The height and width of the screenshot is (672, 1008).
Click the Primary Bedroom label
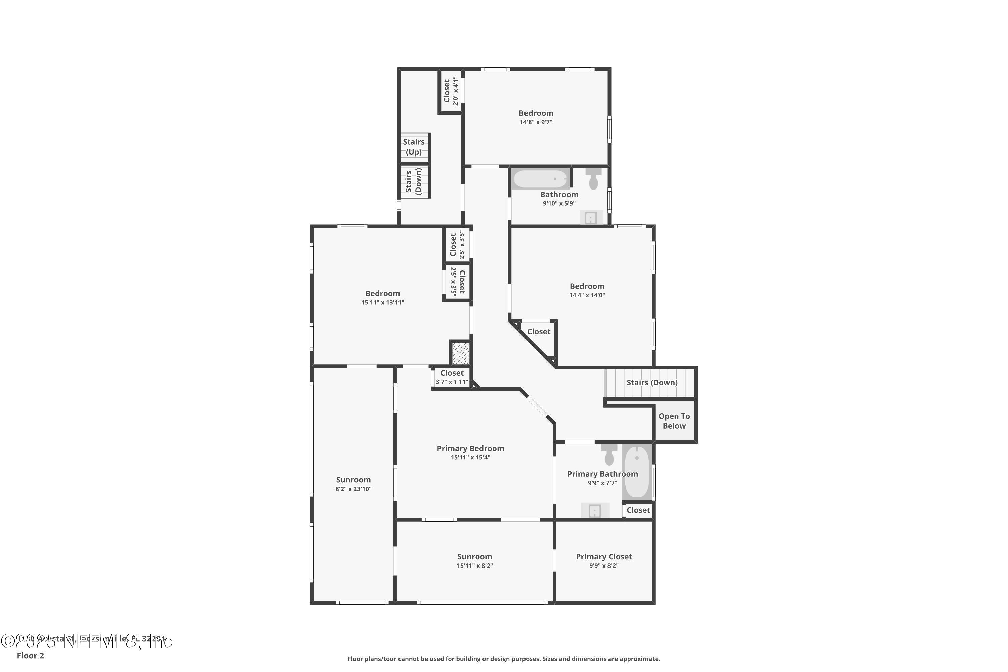pyautogui.click(x=470, y=448)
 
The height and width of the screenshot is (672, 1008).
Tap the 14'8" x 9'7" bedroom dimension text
pyautogui.click(x=536, y=122)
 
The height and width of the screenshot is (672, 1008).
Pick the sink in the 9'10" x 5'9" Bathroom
pyautogui.click(x=591, y=218)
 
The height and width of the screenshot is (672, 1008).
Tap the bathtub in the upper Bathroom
pyautogui.click(x=540, y=179)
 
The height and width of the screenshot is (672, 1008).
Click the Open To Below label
pyautogui.click(x=674, y=421)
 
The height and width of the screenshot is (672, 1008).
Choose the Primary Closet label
pyautogui.click(x=603, y=557)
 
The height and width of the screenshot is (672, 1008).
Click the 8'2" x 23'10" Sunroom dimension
pyautogui.click(x=353, y=489)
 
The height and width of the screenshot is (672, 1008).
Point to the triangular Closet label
pyautogui.click(x=538, y=332)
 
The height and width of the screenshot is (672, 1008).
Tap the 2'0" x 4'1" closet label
pyautogui.click(x=451, y=91)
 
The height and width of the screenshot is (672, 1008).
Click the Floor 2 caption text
pyautogui.click(x=31, y=655)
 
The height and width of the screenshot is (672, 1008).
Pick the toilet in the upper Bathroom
pyautogui.click(x=594, y=179)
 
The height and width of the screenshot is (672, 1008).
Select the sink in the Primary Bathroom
pyautogui.click(x=594, y=510)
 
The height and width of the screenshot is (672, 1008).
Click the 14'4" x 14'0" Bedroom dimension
pyautogui.click(x=587, y=295)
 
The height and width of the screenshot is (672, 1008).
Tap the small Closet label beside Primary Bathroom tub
pyautogui.click(x=638, y=510)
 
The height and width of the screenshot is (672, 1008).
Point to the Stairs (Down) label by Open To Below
pyautogui.click(x=652, y=383)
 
